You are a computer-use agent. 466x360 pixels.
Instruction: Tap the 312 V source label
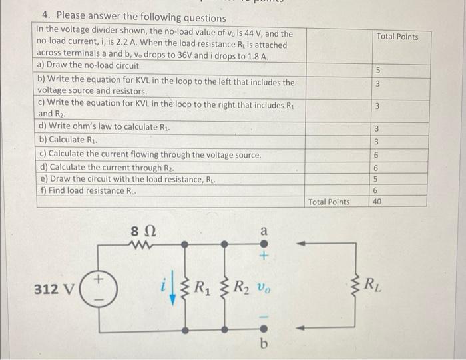[55, 290]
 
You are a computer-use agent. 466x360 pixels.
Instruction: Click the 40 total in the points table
[377, 202]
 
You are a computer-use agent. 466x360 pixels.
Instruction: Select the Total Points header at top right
[397, 36]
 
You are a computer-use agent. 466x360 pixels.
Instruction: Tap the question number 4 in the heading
[45, 15]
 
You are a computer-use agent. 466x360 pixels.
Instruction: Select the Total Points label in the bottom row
[329, 202]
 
